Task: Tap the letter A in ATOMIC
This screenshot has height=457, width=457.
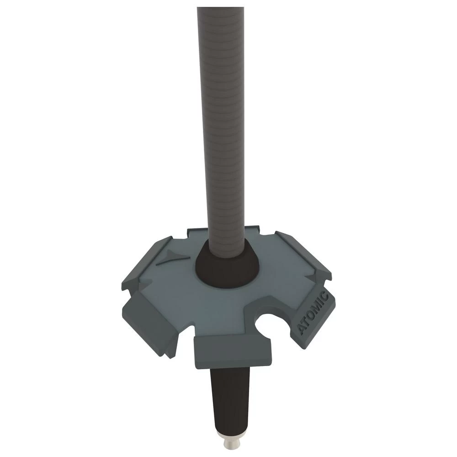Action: coord(303,330)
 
